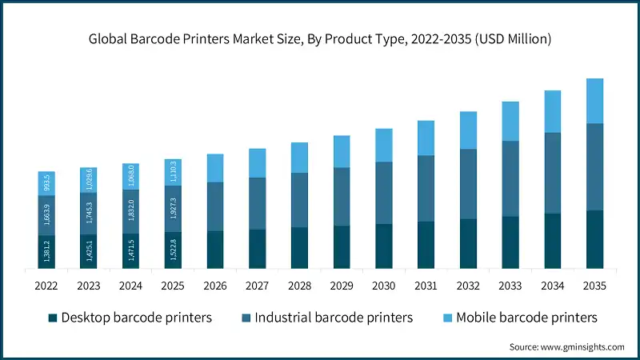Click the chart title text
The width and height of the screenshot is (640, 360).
(x=320, y=38)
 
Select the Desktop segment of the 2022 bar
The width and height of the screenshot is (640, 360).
(x=46, y=251)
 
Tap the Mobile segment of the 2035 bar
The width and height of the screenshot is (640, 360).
(x=594, y=101)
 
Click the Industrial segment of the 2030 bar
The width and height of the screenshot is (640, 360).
(x=384, y=193)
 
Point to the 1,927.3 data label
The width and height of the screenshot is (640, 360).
(x=174, y=209)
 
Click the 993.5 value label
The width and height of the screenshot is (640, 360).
(x=46, y=183)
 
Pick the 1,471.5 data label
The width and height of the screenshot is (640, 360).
(x=131, y=250)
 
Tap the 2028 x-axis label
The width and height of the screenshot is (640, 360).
(x=299, y=286)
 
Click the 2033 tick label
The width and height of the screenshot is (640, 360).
(x=510, y=286)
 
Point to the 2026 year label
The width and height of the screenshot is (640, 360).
(x=215, y=286)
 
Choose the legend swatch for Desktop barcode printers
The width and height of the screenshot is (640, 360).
(x=54, y=318)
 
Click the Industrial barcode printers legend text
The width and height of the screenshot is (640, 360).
(x=334, y=318)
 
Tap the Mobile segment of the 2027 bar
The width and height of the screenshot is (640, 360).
(x=257, y=162)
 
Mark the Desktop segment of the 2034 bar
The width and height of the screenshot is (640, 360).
(x=552, y=240)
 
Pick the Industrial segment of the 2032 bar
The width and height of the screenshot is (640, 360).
(x=468, y=184)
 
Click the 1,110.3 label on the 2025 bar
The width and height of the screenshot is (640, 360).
(x=174, y=172)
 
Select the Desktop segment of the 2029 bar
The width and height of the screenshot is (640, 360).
(x=342, y=246)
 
